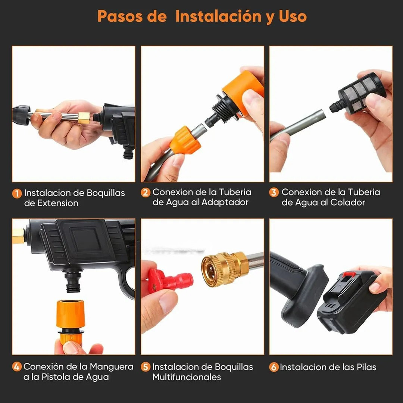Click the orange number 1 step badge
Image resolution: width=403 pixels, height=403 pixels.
point(17,193)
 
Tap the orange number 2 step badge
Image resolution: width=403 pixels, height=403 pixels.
point(146,193)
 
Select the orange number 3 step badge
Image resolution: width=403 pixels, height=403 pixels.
point(274,193)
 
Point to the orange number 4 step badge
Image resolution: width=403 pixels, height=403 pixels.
point(17,367)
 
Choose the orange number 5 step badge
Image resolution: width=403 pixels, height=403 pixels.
point(146,367)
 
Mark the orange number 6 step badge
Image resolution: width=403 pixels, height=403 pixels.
point(274,367)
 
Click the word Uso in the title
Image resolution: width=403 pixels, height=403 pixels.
point(293,16)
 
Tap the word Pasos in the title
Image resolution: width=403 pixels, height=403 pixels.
point(120,16)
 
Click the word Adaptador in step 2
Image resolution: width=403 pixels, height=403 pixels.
point(225,203)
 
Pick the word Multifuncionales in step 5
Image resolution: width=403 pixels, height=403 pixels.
point(187,377)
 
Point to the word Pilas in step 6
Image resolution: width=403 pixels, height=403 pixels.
point(366,367)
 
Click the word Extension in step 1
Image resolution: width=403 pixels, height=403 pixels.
point(58,203)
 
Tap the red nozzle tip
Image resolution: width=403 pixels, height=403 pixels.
point(170,281)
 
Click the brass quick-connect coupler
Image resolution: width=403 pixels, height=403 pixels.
point(225,269)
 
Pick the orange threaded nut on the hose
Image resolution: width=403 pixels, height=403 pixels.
point(185,140)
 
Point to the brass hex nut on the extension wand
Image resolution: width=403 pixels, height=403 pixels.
point(84,118)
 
